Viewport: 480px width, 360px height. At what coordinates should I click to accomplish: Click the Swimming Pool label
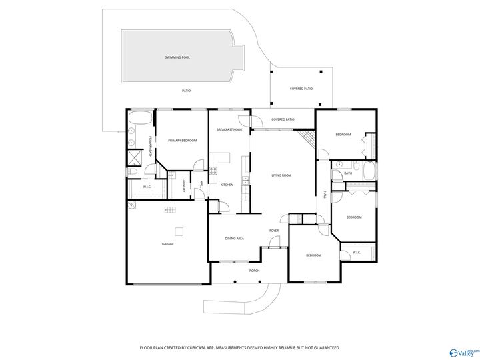pos(177,57)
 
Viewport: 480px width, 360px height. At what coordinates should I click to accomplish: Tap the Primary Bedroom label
pos(182,141)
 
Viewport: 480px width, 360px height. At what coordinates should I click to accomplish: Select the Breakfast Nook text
pos(229,129)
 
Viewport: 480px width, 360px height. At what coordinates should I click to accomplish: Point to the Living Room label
pos(281,175)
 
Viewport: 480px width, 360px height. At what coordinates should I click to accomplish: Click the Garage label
pos(168,244)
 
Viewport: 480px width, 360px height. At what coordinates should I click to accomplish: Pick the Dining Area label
pos(234,238)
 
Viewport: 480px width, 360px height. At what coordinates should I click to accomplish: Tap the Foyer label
pos(273,231)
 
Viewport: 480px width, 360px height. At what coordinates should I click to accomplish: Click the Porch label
pos(254,271)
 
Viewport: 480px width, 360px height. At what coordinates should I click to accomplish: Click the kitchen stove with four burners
pos(214,171)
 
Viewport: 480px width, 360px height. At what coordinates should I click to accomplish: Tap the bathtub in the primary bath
pos(140,119)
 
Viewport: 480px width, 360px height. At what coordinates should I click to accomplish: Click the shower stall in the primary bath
pos(133,158)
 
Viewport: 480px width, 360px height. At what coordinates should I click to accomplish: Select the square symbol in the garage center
pos(179,231)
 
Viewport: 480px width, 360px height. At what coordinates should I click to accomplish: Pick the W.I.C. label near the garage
pos(147,187)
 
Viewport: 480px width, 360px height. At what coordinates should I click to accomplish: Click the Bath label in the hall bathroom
pos(348,173)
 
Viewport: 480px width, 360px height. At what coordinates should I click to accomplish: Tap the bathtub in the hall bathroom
pos(369,171)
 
